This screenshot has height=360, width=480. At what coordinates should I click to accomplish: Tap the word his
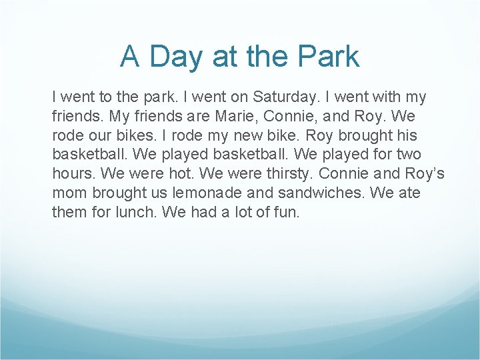click(x=404, y=136)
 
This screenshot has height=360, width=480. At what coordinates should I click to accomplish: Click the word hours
click(x=73, y=175)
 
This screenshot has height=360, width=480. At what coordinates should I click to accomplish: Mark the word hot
click(x=191, y=175)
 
